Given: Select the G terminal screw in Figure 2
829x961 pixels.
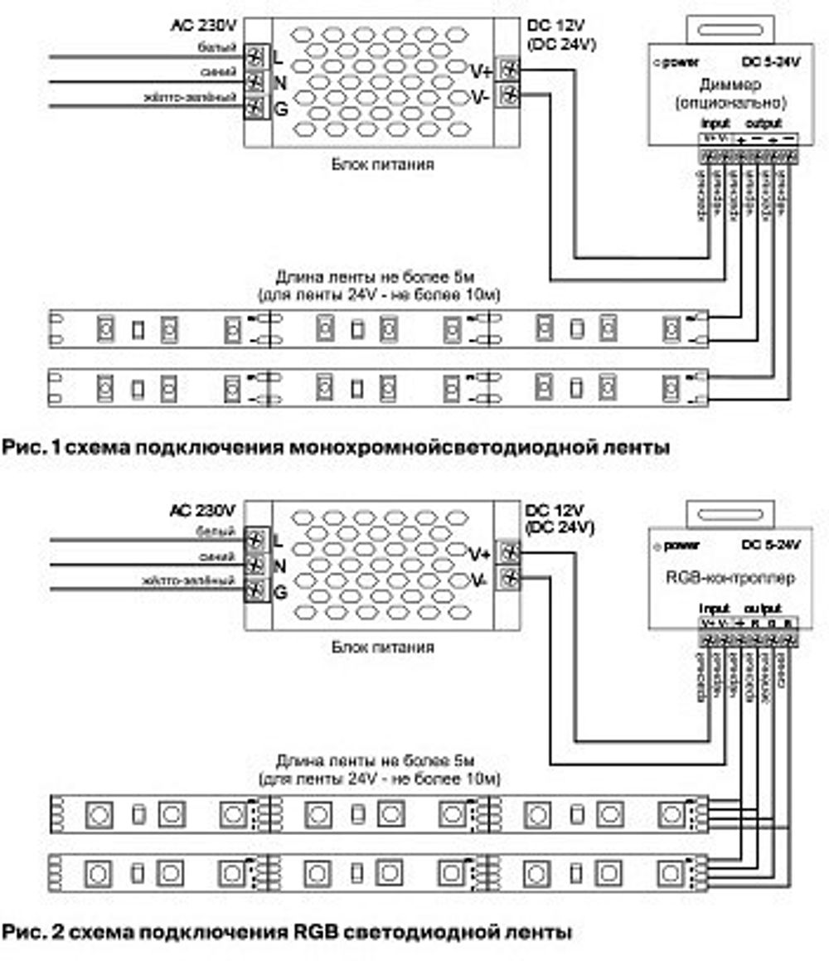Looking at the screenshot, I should (256, 591).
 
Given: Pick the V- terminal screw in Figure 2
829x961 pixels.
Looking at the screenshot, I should (511, 578).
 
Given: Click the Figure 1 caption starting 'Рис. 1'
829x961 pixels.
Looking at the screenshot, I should (335, 448).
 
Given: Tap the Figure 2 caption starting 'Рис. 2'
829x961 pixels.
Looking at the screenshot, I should (286, 931).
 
